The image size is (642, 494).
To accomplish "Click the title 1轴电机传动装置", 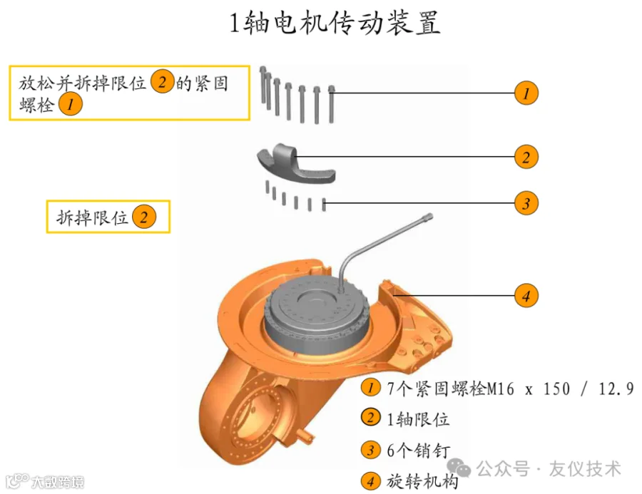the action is [x=335, y=23].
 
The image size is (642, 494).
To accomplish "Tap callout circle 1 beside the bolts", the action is [x=526, y=93].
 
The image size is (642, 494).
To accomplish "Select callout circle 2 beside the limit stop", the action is [x=526, y=157].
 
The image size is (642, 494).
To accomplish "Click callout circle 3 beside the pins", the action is [x=526, y=204].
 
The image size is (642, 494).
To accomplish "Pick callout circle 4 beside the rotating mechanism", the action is [x=526, y=295].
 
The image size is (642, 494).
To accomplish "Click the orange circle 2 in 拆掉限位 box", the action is [x=143, y=217].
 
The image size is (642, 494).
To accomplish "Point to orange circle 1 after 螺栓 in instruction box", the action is [x=70, y=106].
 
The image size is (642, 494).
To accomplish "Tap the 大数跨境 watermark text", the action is [x=57, y=483].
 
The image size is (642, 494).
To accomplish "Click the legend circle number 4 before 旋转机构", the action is [x=370, y=481].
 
